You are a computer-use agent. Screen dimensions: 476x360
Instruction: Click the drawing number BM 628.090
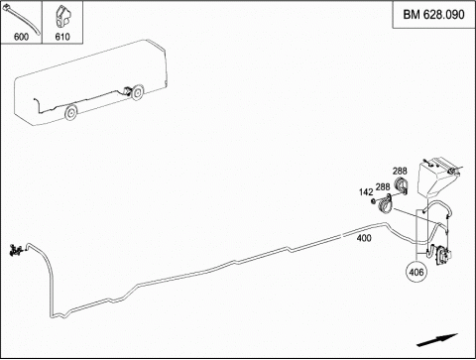tap(433, 15)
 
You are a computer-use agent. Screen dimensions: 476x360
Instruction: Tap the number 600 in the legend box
tap(21, 37)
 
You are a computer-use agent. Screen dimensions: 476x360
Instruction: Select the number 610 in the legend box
tap(62, 37)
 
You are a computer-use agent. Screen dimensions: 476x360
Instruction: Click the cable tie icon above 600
tap(22, 20)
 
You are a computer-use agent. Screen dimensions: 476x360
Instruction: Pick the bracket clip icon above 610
tap(62, 18)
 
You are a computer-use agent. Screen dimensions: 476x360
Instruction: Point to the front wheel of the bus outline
tap(70, 112)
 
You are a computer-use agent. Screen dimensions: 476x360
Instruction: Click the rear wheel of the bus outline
tap(137, 93)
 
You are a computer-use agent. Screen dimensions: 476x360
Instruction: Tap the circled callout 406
tap(416, 272)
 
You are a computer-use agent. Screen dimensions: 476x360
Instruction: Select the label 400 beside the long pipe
tap(364, 238)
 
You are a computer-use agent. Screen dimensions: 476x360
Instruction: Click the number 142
tap(366, 192)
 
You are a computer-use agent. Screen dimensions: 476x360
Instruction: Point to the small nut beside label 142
tap(374, 200)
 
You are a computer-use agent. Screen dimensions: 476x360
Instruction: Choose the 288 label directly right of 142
tap(383, 186)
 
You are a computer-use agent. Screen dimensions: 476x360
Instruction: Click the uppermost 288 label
tap(400, 171)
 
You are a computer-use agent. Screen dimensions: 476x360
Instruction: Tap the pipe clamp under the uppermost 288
tap(402, 185)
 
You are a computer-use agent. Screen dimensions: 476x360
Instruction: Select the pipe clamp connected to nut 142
tap(385, 204)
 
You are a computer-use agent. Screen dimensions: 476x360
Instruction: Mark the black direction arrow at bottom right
tap(437, 340)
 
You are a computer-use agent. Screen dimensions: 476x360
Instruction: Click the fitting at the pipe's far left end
tap(16, 250)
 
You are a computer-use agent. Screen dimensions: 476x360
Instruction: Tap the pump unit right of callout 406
tap(443, 255)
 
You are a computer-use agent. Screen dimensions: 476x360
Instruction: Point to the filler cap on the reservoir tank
tap(450, 172)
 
